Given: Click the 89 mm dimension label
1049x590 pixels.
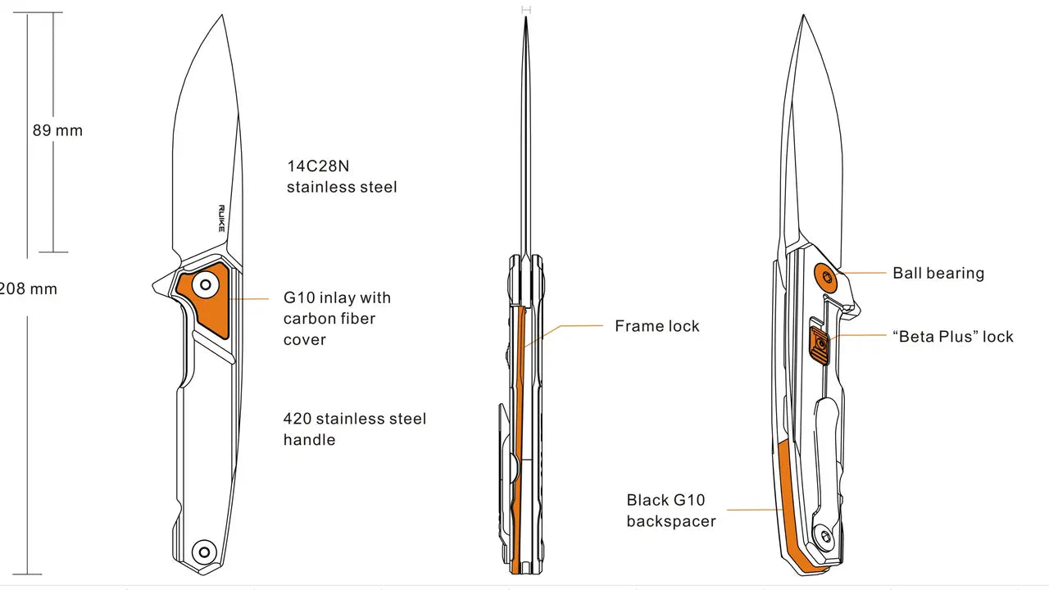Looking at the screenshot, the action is click(x=57, y=130).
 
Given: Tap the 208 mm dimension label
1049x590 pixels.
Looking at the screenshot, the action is click(x=28, y=289).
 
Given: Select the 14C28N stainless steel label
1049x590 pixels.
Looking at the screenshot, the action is click(x=342, y=176).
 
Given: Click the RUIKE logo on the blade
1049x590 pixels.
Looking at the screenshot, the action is click(x=221, y=218).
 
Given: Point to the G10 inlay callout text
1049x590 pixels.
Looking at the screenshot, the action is click(x=337, y=319).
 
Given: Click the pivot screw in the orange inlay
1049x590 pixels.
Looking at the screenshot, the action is click(x=206, y=284).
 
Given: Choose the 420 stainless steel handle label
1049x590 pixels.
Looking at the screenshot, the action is click(x=355, y=429).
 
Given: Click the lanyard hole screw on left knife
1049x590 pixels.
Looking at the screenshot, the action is click(x=204, y=552).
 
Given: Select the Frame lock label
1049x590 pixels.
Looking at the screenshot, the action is click(x=657, y=326).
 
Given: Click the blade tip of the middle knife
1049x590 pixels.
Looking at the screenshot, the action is click(x=526, y=17).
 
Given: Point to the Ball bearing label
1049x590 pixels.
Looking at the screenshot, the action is click(x=938, y=273).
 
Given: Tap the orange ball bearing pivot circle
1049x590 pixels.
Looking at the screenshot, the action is click(x=827, y=277).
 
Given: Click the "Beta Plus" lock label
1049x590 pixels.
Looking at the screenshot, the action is click(x=953, y=336).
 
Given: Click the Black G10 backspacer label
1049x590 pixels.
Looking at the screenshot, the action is click(x=671, y=511).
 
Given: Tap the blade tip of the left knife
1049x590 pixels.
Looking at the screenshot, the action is click(x=222, y=16).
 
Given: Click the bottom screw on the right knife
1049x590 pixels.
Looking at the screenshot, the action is click(x=824, y=535).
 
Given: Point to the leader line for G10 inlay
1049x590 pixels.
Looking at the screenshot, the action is click(x=248, y=299).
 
